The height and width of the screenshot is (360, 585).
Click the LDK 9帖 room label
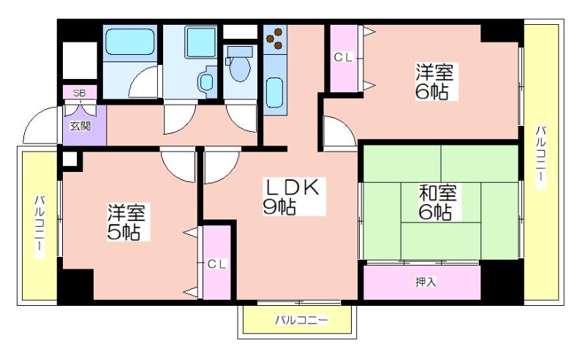click(x=291, y=196)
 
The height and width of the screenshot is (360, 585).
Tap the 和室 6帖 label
click(x=437, y=202)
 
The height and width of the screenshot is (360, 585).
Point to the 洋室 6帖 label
click(x=434, y=82)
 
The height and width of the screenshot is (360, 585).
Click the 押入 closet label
click(x=426, y=282)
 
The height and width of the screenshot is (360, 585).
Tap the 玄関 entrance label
click(x=80, y=126)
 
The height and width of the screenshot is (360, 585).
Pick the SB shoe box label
click(x=79, y=93)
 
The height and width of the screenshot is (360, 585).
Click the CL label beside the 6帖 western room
click(x=343, y=57)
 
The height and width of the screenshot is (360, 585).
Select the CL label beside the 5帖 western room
click(x=216, y=264)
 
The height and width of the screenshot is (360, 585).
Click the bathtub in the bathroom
click(x=130, y=42)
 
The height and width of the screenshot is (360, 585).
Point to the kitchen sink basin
click(x=275, y=92)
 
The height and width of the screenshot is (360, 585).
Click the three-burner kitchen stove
click(x=275, y=40)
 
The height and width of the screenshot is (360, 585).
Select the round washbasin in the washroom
click(x=206, y=81)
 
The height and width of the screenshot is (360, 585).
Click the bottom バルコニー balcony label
click(x=301, y=320)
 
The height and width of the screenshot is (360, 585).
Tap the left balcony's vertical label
click(x=39, y=227)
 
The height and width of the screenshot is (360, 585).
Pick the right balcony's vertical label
click(x=541, y=158)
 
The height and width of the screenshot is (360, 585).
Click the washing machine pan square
click(x=200, y=42)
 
